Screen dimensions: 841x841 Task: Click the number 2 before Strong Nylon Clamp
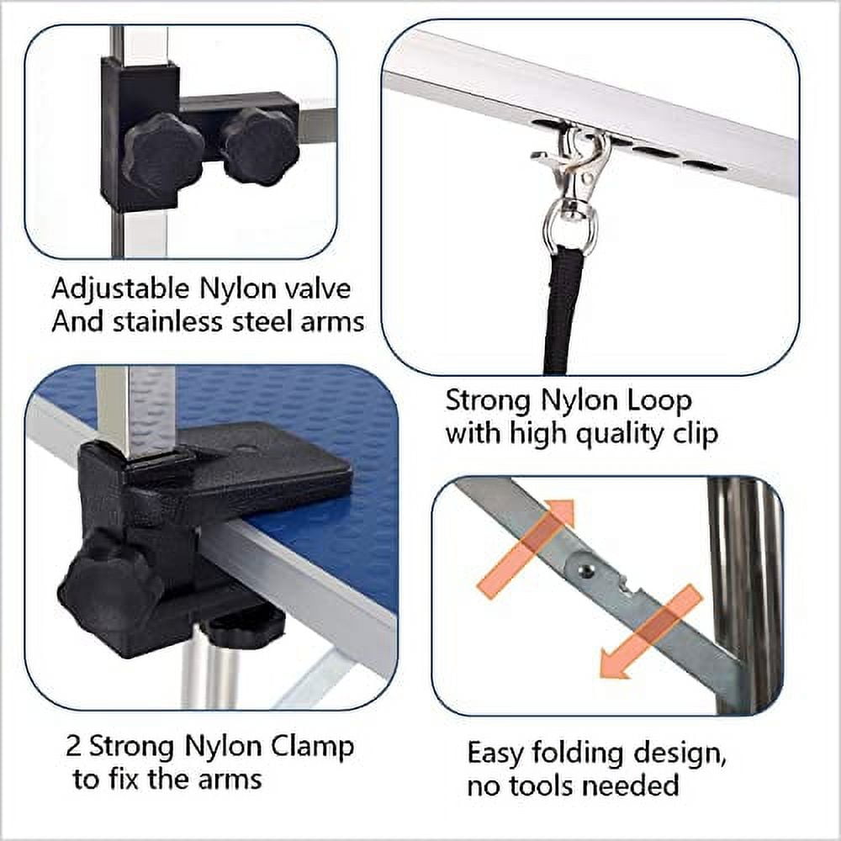(x=73, y=746)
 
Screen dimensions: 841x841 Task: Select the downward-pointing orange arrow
(x=652, y=632)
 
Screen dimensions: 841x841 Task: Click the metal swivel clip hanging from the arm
(x=574, y=168)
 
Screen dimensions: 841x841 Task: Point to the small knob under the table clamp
(x=244, y=624)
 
